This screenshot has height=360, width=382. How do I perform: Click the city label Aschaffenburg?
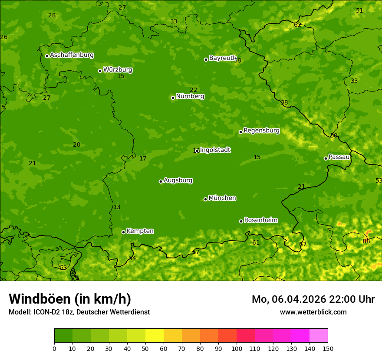pyautogui.click(x=72, y=55)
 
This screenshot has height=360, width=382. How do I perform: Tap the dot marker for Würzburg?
pyautogui.click(x=100, y=71)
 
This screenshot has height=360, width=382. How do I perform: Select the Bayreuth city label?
pyautogui.click(x=223, y=58)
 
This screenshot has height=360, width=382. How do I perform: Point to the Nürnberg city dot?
pyautogui.click(x=173, y=98)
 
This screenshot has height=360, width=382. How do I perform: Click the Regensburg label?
pyautogui.click(x=261, y=130)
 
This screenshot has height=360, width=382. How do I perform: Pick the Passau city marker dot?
pyautogui.click(x=326, y=158)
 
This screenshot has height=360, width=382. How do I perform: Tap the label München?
pyautogui.click(x=222, y=198)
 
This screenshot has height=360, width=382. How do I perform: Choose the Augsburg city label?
pyautogui.click(x=178, y=180)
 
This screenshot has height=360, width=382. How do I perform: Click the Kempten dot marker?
pyautogui.click(x=123, y=232)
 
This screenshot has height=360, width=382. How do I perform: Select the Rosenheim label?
pyautogui.click(x=260, y=220)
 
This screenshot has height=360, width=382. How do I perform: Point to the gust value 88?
pyautogui.click(x=366, y=241)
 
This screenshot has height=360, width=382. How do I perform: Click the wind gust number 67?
pyautogui.click(x=303, y=244)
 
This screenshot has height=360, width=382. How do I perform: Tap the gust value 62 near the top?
pyautogui.click(x=297, y=25)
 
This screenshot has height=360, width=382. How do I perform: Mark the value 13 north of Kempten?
pyautogui.click(x=117, y=207)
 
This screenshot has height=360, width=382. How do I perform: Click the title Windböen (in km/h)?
pyautogui.click(x=70, y=299)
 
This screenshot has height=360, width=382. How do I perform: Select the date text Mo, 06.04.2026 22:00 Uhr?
pyautogui.click(x=313, y=299)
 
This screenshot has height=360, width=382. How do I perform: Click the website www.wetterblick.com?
pyautogui.click(x=313, y=312)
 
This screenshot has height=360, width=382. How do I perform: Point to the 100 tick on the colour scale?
pyautogui.click(x=237, y=348)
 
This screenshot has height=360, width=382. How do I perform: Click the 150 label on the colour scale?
pyautogui.click(x=328, y=348)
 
